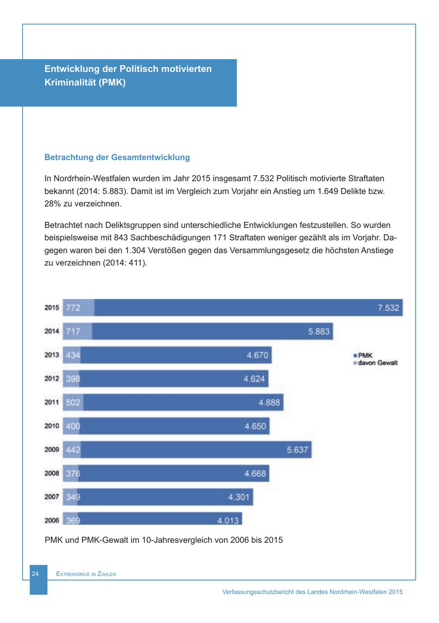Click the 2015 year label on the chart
52,308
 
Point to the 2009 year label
52,449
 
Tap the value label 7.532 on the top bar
388,308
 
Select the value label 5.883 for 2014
319,332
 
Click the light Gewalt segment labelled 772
73,308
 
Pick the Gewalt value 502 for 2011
73,402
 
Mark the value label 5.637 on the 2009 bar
298,449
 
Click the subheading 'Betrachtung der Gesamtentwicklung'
117,157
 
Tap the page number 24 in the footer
35,574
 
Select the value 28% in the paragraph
52,203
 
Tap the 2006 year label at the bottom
52,520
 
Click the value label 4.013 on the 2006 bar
228,520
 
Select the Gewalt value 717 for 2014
73,332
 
